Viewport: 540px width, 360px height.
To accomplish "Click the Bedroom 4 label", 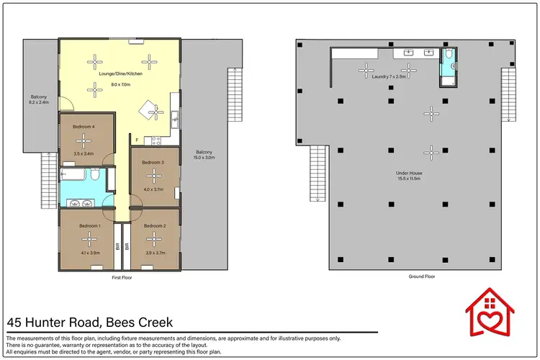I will [84, 126].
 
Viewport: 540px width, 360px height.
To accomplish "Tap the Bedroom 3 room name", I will [153, 163].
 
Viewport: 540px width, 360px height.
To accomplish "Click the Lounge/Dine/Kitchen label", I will [120, 74].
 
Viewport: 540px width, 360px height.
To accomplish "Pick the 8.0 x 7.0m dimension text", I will [120, 84].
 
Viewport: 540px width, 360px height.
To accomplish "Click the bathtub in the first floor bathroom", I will [75, 174].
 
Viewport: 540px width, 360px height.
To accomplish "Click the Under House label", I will [408, 173].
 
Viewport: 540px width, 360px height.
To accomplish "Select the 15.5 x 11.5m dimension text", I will [408, 179].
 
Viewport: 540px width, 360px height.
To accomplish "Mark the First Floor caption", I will [120, 276].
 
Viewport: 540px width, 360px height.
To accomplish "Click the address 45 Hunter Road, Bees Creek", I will [90, 323].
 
